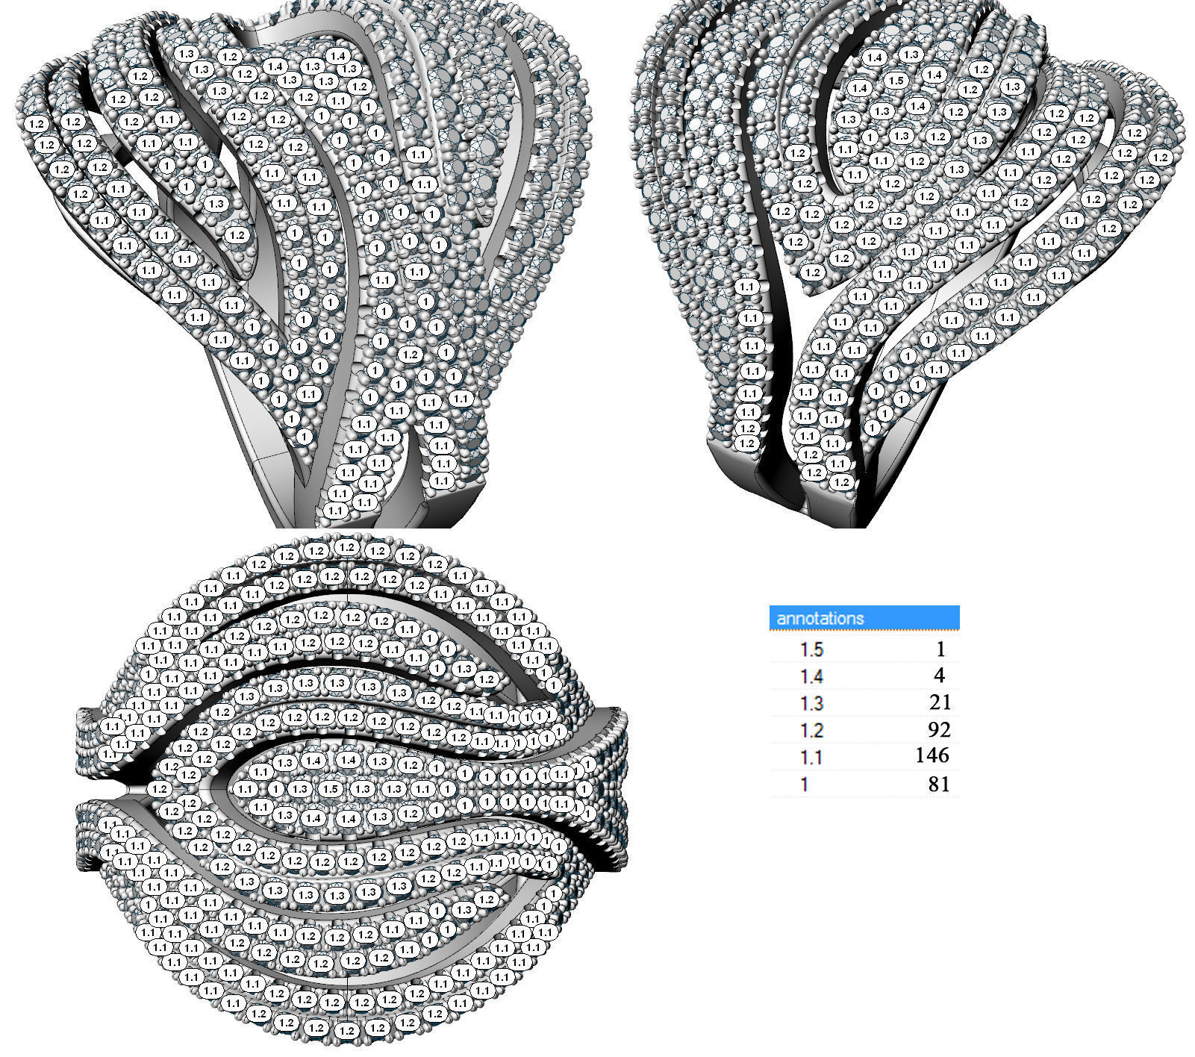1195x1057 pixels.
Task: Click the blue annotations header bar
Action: point(864,617)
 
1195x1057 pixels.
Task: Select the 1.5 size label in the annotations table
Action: point(811,649)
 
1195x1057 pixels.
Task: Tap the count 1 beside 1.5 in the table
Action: point(940,649)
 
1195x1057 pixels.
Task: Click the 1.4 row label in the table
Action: point(811,676)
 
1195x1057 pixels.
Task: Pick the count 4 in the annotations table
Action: point(939,676)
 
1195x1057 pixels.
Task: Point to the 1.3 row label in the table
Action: point(811,703)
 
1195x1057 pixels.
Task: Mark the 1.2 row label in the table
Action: point(811,730)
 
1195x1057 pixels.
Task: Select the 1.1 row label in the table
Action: point(811,758)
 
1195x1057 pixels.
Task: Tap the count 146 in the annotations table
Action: point(932,755)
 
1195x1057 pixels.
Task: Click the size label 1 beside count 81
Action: point(805,785)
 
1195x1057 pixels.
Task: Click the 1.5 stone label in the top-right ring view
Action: point(896,81)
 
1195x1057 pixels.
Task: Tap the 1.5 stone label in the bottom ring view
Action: point(331,789)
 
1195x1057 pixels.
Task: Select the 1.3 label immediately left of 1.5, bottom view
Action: point(300,789)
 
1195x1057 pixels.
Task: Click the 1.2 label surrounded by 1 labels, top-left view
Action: point(410,355)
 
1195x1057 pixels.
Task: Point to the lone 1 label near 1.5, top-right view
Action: point(870,137)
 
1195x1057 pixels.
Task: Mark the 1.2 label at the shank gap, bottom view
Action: point(158,788)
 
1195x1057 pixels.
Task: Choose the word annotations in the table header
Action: point(820,618)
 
